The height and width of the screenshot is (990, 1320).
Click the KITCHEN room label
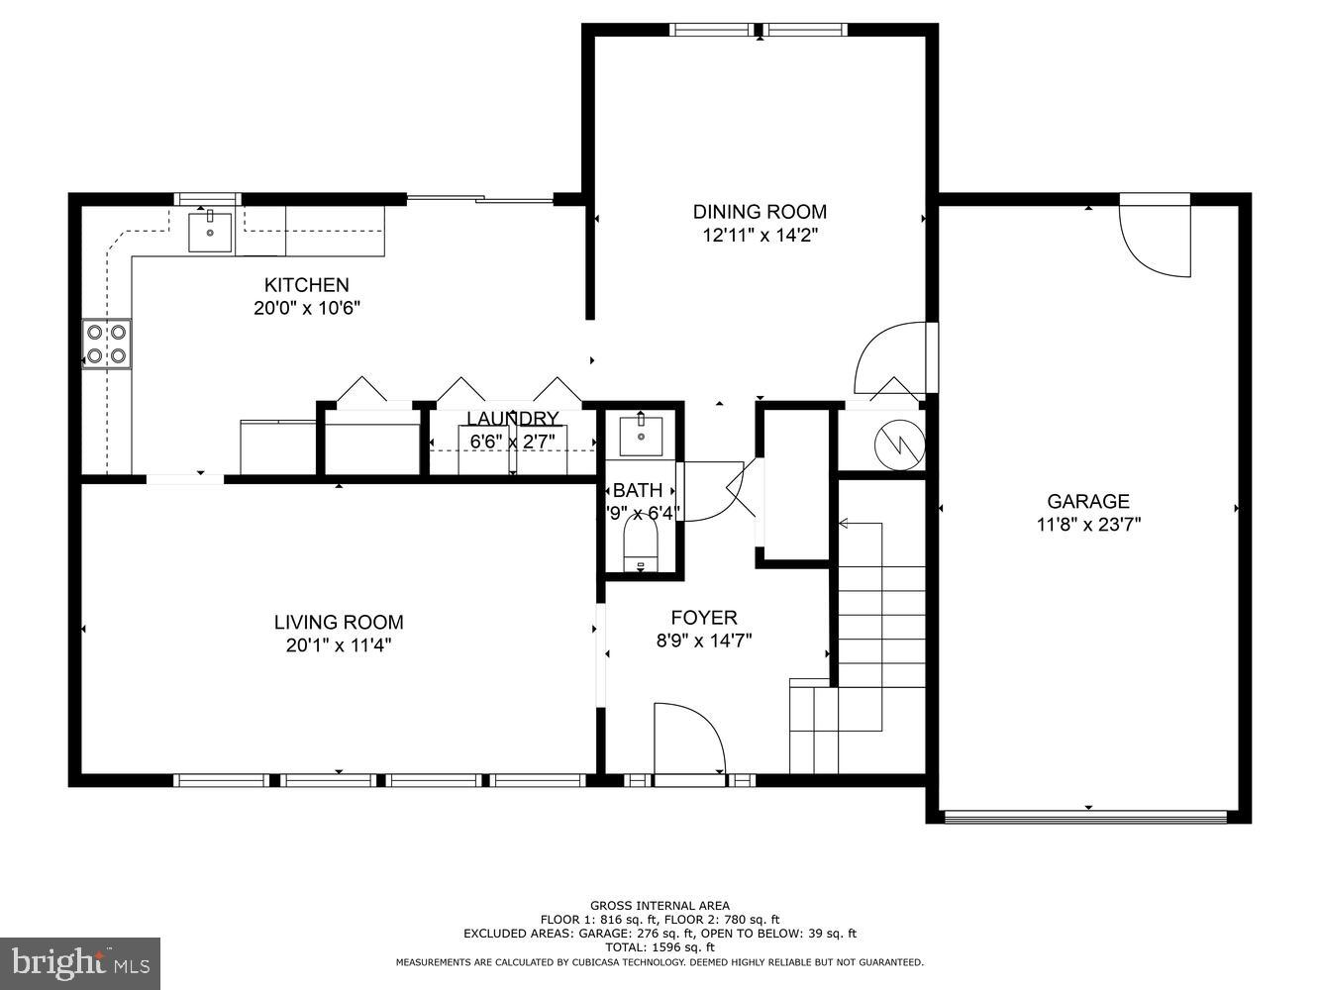click(306, 285)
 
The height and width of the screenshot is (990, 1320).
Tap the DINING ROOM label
click(760, 211)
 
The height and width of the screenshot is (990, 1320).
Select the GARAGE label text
click(1088, 501)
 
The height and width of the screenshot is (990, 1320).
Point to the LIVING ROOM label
click(339, 622)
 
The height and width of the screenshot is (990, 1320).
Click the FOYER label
click(703, 618)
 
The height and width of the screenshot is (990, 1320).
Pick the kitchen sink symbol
click(211, 233)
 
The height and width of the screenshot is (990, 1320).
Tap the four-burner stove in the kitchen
click(106, 344)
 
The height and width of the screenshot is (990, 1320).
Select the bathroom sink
click(641, 436)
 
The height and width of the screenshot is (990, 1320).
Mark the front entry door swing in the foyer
click(689, 739)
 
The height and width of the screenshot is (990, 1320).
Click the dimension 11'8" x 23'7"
click(1088, 525)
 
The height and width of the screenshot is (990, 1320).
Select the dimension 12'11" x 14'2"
click(760, 235)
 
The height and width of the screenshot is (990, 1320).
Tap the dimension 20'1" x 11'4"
click(339, 645)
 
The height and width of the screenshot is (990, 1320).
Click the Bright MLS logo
click(80, 961)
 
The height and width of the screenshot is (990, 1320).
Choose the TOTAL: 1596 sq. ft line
click(660, 947)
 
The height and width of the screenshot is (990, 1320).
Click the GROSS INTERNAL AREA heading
click(660, 905)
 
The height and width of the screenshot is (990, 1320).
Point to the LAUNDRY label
click(513, 418)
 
